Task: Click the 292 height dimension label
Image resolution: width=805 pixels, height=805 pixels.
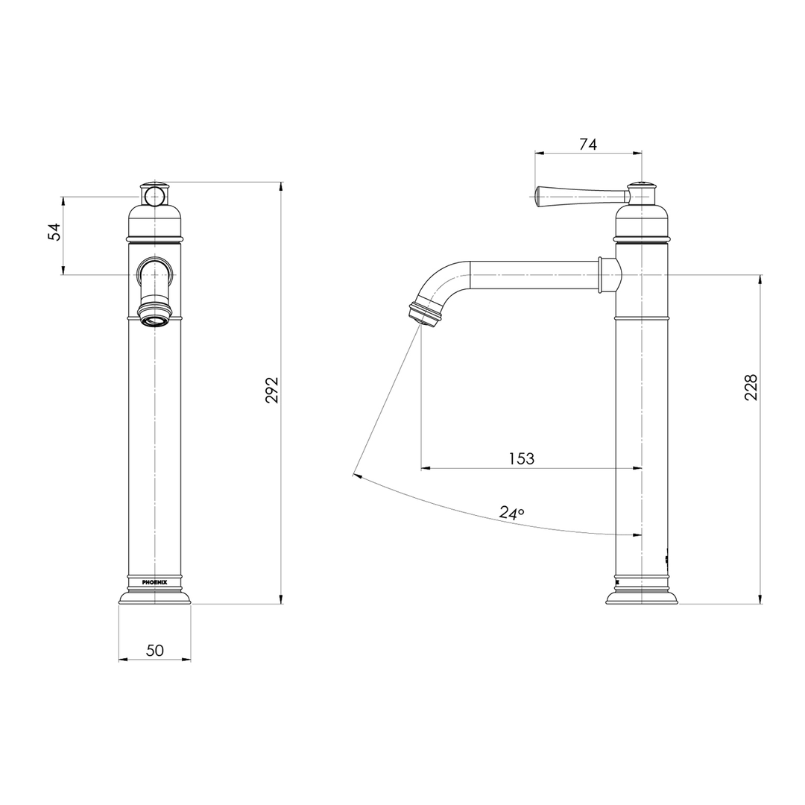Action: (x=273, y=390)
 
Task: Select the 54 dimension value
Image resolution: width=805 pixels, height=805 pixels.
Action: (x=54, y=232)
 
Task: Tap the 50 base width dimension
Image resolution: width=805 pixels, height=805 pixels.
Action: (x=154, y=650)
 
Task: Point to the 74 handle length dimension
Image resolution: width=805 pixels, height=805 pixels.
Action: (x=588, y=145)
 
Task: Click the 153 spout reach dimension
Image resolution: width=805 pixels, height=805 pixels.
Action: (x=522, y=458)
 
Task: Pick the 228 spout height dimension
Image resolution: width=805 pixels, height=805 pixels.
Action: (x=751, y=388)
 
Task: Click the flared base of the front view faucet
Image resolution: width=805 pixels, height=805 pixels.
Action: (x=154, y=596)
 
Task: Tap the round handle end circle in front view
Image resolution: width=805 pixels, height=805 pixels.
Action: (x=154, y=197)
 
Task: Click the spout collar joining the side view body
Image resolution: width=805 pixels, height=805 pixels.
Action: (x=609, y=274)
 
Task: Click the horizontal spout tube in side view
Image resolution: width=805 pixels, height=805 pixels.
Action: (x=533, y=274)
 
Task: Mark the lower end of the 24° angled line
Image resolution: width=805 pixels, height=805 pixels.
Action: (x=355, y=473)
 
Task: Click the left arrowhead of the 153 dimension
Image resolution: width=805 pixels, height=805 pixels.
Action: (x=425, y=468)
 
